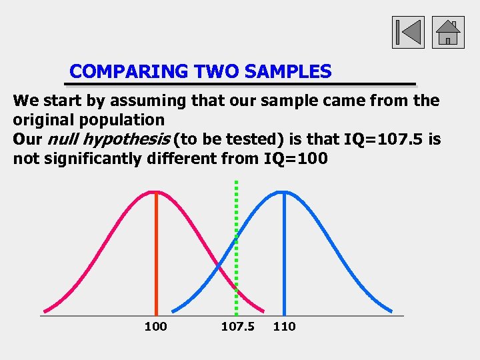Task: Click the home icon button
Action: (x=448, y=32)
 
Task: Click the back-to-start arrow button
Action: (x=408, y=32)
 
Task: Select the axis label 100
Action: (x=155, y=326)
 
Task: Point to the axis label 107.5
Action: (x=238, y=326)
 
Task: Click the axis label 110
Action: (x=284, y=326)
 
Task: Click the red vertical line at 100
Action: (x=156, y=253)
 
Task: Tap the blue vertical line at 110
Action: (x=284, y=253)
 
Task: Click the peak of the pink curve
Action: (x=156, y=192)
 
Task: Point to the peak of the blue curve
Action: (x=284, y=192)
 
